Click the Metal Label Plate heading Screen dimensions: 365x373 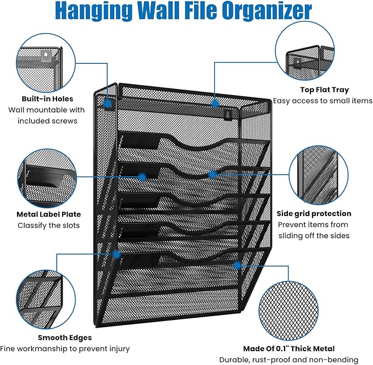49,214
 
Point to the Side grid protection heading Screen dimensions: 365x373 314,213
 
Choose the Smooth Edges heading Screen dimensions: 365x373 65,338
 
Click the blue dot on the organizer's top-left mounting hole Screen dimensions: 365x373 109,103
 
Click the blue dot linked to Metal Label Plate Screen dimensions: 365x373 142,177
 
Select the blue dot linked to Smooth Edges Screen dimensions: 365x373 116,253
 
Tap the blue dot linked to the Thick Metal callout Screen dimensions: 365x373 237,265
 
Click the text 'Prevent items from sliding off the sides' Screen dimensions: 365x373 313,230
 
